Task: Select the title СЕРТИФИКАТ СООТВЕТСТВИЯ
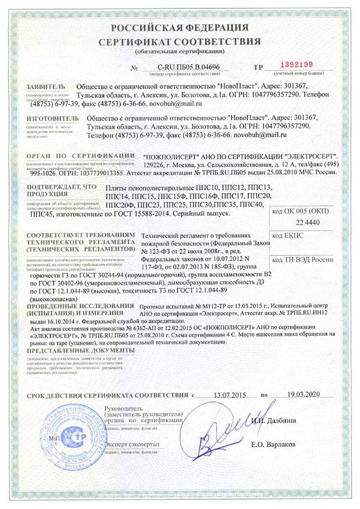point(179,42)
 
